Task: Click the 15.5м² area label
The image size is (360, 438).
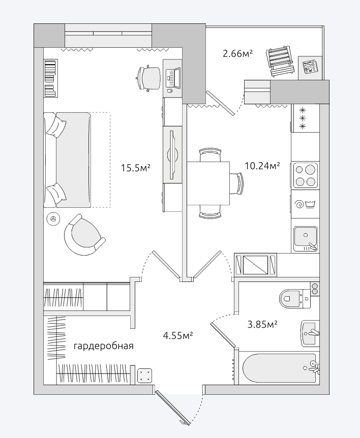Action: pyautogui.click(x=136, y=168)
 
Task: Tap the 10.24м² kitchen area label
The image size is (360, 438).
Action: pyautogui.click(x=262, y=166)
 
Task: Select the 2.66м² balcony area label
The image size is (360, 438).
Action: pyautogui.click(x=238, y=53)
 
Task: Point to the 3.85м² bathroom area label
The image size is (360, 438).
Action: pyautogui.click(x=262, y=324)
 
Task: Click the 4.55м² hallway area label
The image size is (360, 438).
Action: pyautogui.click(x=178, y=335)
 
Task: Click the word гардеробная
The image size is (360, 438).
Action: pyautogui.click(x=104, y=346)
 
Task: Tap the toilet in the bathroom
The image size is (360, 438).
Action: pyautogui.click(x=294, y=298)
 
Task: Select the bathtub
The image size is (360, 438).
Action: pyautogui.click(x=280, y=367)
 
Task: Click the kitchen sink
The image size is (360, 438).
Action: pyautogui.click(x=305, y=238)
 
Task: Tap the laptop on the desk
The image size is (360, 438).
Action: pyautogui.click(x=173, y=78)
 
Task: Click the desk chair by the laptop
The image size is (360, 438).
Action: pyautogui.click(x=148, y=78)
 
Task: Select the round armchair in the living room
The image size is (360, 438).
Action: pyautogui.click(x=84, y=235)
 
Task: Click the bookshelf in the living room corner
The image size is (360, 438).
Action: pyautogui.click(x=51, y=78)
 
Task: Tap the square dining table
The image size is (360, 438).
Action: pyautogui.click(x=208, y=183)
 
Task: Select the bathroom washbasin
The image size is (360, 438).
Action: pyautogui.click(x=310, y=334)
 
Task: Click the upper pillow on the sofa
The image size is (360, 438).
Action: pyautogui.click(x=57, y=126)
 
